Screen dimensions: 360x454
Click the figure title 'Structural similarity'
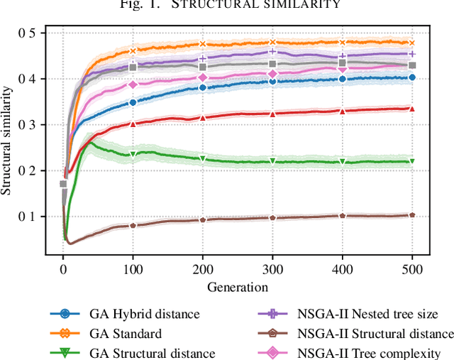pos(227,6)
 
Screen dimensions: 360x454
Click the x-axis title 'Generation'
pos(238,287)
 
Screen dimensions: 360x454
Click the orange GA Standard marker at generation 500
pos(412,43)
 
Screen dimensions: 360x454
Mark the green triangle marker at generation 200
pos(203,159)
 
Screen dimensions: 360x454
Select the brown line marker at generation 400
pos(343,216)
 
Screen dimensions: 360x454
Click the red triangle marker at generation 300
pos(272,114)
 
